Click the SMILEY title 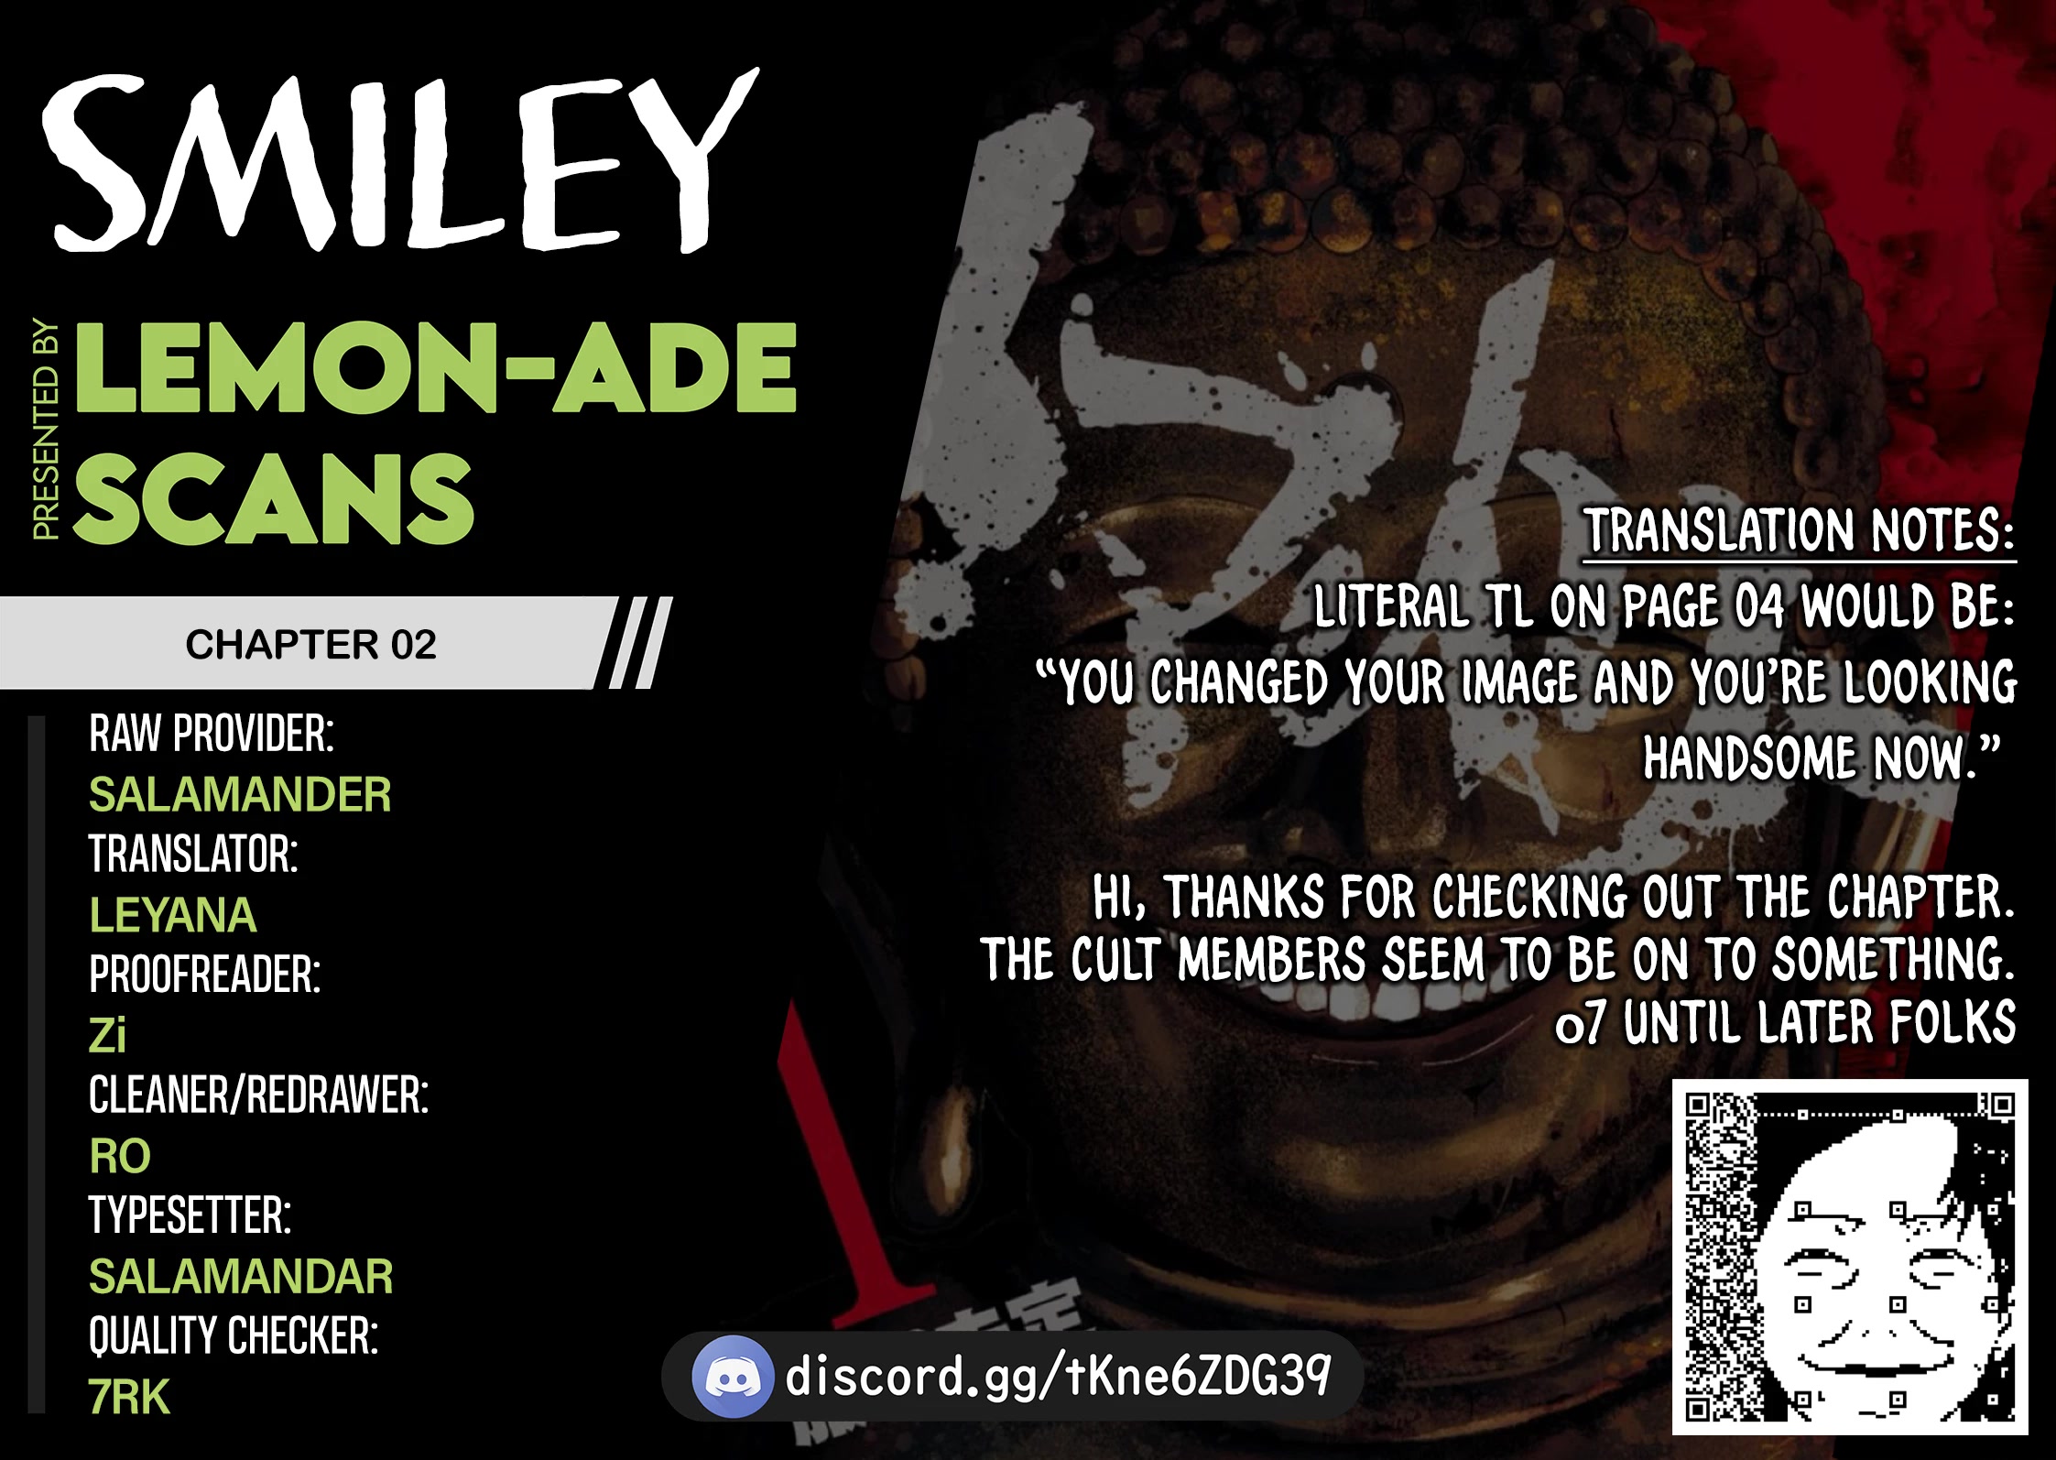[x=400, y=161]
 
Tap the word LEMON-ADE [x=436, y=367]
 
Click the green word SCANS [x=274, y=498]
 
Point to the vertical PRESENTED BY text [x=46, y=429]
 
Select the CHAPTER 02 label [x=310, y=645]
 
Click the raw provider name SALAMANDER [x=240, y=794]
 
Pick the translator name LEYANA [x=173, y=915]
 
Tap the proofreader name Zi [x=107, y=1035]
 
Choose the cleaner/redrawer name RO [x=120, y=1156]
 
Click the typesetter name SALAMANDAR [x=241, y=1277]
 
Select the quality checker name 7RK [x=129, y=1397]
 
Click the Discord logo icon [x=731, y=1376]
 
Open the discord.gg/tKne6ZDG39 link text [x=1058, y=1375]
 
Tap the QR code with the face [x=1850, y=1257]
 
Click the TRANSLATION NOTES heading [x=1800, y=531]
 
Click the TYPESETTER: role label [x=190, y=1215]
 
